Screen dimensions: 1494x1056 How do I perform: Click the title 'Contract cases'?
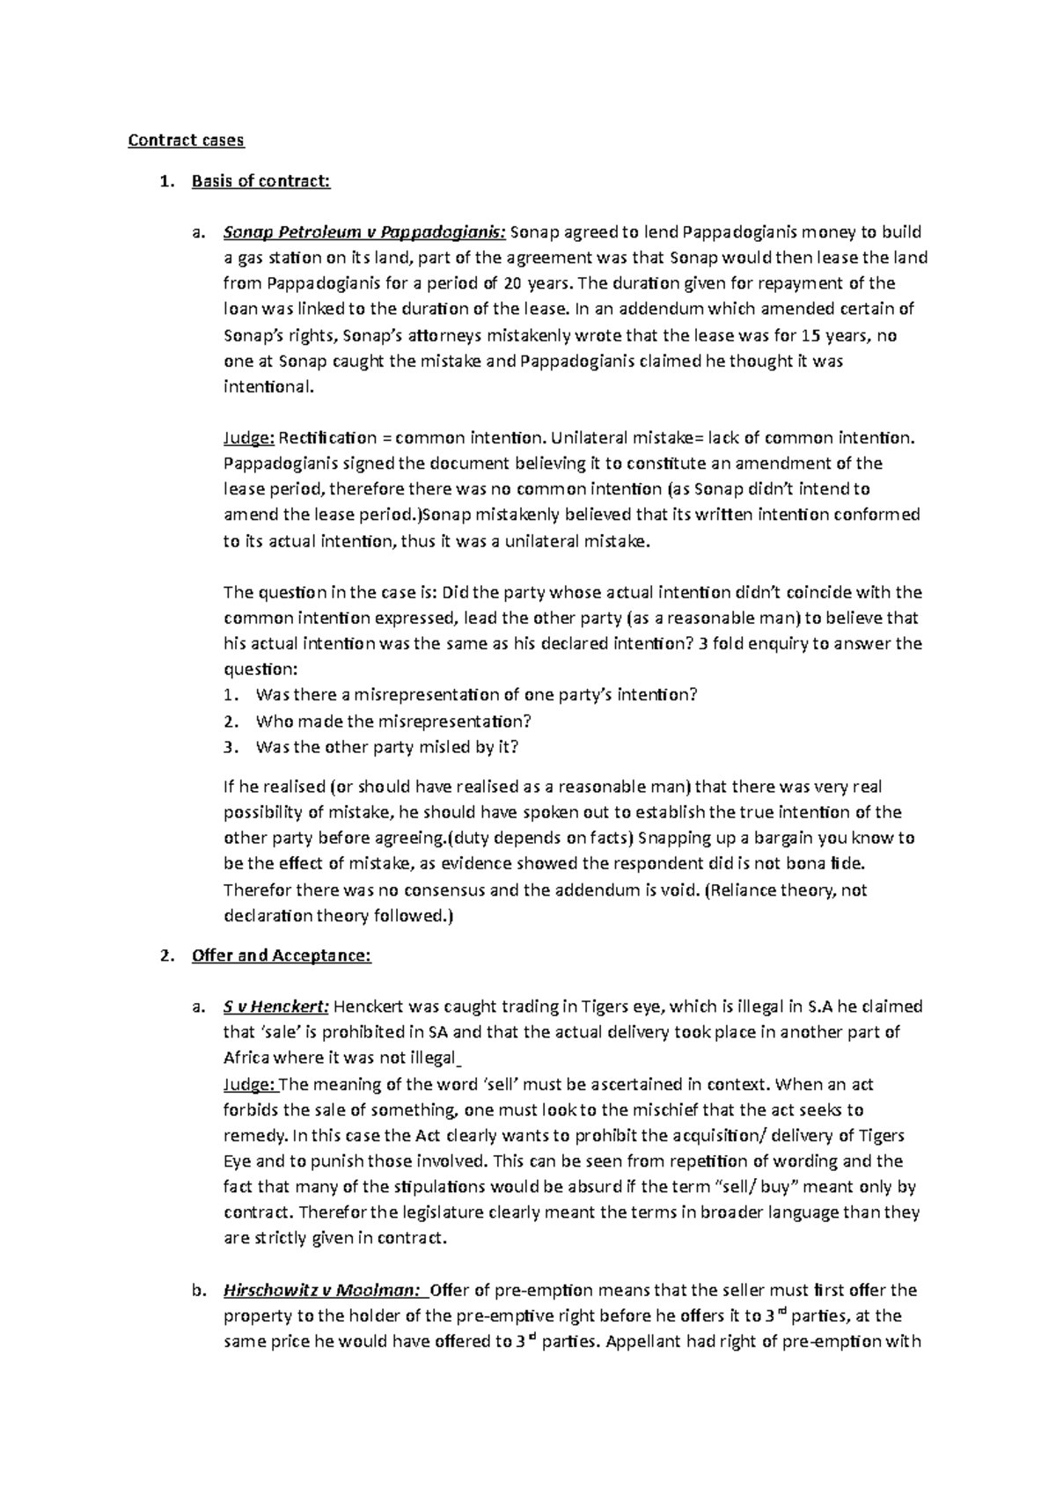pyautogui.click(x=186, y=140)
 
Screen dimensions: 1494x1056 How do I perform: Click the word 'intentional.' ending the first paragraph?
pyautogui.click(x=268, y=387)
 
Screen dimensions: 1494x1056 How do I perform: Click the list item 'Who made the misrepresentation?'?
pyautogui.click(x=393, y=721)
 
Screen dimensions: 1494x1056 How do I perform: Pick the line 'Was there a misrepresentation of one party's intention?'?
pyautogui.click(x=476, y=695)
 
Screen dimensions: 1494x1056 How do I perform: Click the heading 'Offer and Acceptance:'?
pyautogui.click(x=282, y=956)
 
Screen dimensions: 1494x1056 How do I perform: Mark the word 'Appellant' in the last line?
pyautogui.click(x=644, y=1343)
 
